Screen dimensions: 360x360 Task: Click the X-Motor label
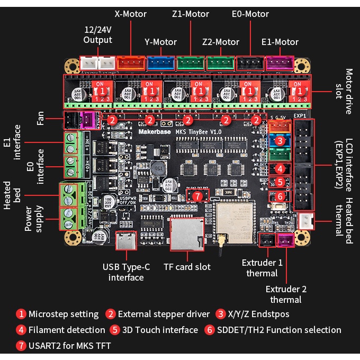131,13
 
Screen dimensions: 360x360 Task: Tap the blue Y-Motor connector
161,63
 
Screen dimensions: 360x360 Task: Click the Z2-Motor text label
221,42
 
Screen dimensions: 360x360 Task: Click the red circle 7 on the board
198,196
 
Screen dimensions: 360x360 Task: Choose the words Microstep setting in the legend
64,314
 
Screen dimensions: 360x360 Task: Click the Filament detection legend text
67,330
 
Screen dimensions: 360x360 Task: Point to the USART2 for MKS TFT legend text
70,346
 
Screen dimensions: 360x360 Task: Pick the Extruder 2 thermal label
286,294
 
